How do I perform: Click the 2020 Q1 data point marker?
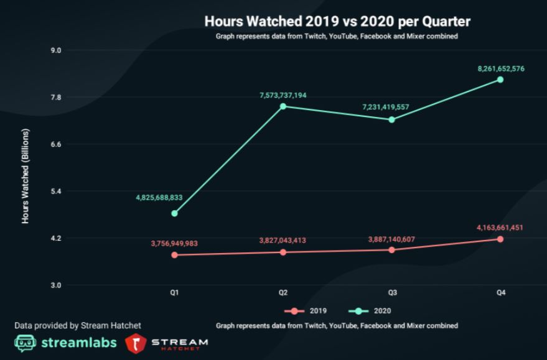(175, 213)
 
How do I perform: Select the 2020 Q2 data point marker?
(283, 106)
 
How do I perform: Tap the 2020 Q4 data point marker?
(500, 80)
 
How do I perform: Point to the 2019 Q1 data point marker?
(175, 255)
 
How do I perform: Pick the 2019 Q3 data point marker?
(391, 250)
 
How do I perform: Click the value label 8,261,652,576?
(501, 68)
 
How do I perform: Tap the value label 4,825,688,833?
(159, 197)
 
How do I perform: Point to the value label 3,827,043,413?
(283, 240)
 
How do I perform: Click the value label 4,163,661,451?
(500, 228)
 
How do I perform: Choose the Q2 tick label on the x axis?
(283, 292)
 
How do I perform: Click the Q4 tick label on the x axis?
(500, 292)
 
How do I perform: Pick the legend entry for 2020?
(372, 310)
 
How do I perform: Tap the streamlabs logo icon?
(26, 343)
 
